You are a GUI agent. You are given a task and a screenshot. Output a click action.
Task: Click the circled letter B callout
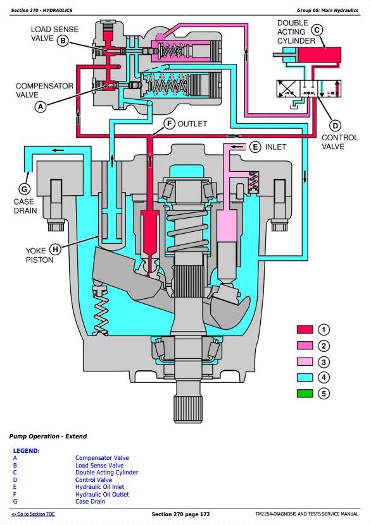tap(63, 41)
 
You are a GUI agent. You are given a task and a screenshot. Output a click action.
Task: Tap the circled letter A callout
tap(41, 107)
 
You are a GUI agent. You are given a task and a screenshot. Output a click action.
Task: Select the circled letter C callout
tap(317, 30)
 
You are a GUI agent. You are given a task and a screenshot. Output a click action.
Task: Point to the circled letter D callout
tap(335, 126)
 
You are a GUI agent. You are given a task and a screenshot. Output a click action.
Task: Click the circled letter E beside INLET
tap(255, 147)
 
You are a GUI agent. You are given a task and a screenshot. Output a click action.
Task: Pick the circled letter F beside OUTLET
tap(170, 124)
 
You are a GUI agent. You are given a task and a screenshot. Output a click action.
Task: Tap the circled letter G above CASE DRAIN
tap(24, 189)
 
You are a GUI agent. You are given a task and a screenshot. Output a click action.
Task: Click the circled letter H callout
tap(55, 250)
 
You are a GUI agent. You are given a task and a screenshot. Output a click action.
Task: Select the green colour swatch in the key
tap(305, 393)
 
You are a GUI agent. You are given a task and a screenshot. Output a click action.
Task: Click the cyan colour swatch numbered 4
tap(305, 377)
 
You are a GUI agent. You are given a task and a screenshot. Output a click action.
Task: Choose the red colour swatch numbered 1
tap(305, 330)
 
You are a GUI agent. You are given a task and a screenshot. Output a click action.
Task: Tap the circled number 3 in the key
tap(324, 362)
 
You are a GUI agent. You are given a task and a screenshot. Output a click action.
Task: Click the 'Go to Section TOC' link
tap(33, 514)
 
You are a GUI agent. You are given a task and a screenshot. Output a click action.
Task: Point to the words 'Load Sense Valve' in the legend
tap(99, 466)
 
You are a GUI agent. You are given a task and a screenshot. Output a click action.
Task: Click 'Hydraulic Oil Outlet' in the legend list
tap(102, 495)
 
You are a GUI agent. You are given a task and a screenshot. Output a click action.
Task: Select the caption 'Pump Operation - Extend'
tap(48, 437)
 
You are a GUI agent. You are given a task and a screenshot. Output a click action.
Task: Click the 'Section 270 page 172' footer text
tap(180, 514)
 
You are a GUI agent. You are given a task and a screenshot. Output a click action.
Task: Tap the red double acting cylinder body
tap(320, 54)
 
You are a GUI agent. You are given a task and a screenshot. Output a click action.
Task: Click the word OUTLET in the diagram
tap(192, 124)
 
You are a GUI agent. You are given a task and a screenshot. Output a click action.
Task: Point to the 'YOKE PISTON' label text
tap(40, 255)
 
